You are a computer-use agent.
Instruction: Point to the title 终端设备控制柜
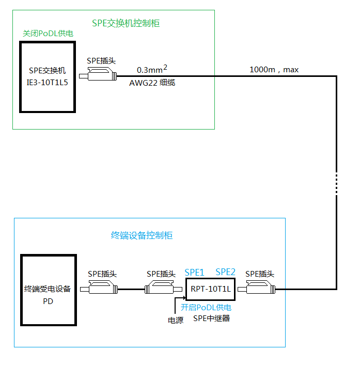tap(142, 235)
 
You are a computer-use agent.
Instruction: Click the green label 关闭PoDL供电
tap(48, 34)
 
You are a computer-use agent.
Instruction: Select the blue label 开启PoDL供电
tap(206, 307)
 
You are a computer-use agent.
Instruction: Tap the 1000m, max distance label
tap(274, 69)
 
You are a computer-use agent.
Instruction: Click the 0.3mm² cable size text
tap(152, 69)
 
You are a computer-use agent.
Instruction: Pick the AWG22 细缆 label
tap(152, 82)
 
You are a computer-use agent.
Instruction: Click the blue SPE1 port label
tap(194, 272)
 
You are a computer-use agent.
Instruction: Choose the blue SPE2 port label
tap(226, 272)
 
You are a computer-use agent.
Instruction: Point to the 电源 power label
tap(175, 321)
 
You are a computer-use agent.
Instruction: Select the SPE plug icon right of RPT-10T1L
tap(260, 289)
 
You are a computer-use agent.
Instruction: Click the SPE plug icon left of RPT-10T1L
tap(161, 289)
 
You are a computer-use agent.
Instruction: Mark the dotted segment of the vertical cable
tap(336, 183)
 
